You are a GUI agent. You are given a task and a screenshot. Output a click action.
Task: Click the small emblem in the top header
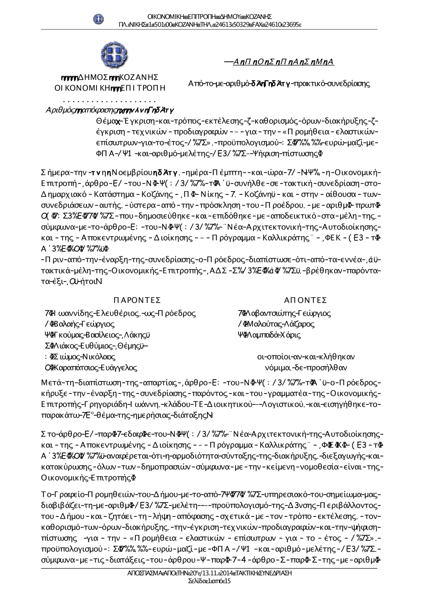98,19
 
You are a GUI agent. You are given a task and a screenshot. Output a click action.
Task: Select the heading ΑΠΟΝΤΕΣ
306,300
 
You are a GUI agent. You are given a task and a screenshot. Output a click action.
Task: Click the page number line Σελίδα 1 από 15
209,581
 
